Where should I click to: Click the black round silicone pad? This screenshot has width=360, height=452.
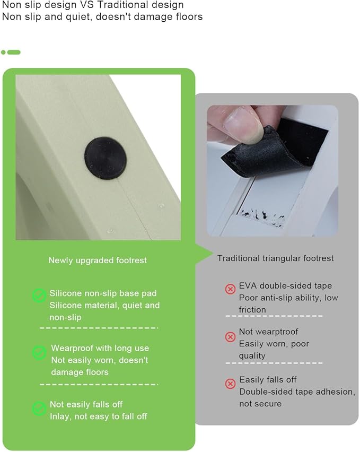(106, 158)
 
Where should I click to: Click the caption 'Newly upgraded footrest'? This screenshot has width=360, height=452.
(98, 260)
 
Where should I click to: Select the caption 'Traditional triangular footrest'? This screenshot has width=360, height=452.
(276, 258)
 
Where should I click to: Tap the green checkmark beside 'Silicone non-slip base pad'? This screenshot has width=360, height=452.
(39, 295)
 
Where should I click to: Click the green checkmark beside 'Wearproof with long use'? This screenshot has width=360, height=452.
(39, 353)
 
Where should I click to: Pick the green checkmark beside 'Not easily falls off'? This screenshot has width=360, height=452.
(39, 408)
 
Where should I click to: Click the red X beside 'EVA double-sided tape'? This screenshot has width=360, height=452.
(230, 289)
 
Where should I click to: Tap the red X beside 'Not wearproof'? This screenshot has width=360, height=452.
(230, 337)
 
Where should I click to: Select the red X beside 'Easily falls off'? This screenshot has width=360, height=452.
(230, 384)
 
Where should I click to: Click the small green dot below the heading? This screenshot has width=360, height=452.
(3, 52)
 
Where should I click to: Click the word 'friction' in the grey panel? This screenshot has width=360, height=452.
(252, 310)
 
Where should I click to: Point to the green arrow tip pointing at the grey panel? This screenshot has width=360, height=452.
(212, 254)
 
